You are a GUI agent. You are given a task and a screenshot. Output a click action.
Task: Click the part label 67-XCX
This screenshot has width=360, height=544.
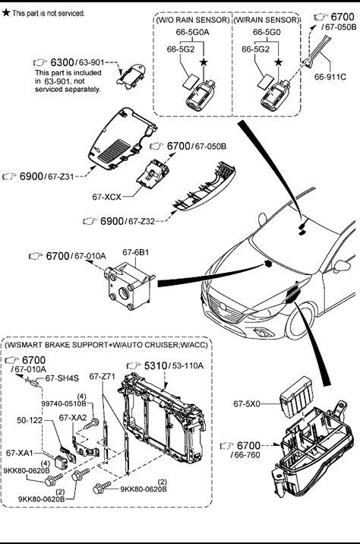(106, 197)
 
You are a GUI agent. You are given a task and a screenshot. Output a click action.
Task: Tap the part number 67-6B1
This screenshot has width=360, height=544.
(136, 252)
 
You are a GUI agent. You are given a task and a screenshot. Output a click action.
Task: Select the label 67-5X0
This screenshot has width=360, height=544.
(247, 404)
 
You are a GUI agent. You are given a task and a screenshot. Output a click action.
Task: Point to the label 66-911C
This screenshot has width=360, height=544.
(330, 77)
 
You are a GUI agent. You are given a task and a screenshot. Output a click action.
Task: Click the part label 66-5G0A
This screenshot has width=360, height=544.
(192, 32)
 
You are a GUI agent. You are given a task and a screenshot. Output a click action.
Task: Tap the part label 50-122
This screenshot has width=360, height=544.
(30, 420)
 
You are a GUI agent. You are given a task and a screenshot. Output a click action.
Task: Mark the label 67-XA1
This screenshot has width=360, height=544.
(20, 453)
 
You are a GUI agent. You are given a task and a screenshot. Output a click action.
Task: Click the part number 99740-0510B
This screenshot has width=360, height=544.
(64, 403)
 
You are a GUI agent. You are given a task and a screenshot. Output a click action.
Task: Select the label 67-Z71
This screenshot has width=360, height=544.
(102, 376)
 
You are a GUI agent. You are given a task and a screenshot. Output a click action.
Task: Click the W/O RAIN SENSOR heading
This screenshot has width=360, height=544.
(193, 20)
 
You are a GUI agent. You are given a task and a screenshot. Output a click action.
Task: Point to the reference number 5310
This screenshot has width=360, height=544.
(156, 365)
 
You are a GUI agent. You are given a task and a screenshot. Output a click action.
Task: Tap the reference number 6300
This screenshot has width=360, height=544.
(62, 62)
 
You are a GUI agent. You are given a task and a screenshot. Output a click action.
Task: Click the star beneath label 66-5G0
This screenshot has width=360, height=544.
(278, 62)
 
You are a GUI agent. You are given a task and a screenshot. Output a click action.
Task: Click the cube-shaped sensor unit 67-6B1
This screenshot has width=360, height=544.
(129, 286)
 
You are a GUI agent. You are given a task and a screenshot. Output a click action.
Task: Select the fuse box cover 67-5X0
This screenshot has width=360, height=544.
(297, 397)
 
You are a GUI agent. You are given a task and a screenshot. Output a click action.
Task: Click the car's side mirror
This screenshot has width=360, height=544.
(343, 266)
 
